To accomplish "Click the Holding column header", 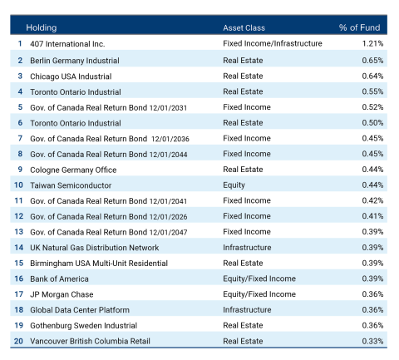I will point(42,27).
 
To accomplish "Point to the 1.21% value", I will point(372,43).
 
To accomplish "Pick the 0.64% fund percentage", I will point(372,76).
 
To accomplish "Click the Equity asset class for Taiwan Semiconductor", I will point(234,185).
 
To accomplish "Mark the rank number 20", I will point(18,341).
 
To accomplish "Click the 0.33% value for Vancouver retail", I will point(372,341).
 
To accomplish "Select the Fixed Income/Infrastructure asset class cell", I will point(272,43).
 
